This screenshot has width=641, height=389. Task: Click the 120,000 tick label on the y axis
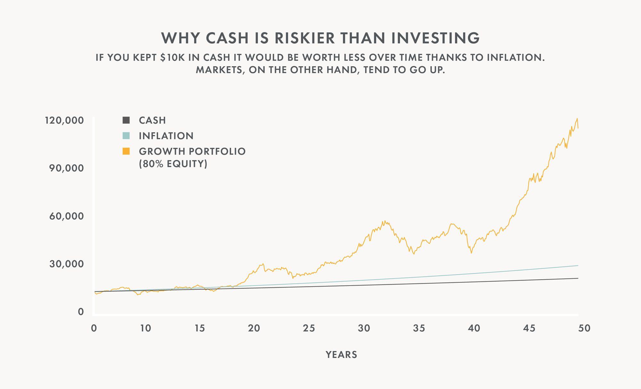pyautogui.click(x=64, y=120)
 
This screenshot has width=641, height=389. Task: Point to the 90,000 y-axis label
pyautogui.click(x=66, y=168)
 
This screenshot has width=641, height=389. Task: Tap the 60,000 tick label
pyautogui.click(x=66, y=216)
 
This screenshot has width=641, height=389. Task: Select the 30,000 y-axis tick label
pyautogui.click(x=66, y=264)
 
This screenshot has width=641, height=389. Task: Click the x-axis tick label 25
pyautogui.click(x=309, y=328)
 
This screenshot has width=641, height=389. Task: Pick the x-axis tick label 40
pyautogui.click(x=474, y=328)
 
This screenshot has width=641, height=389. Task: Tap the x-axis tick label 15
pyautogui.click(x=200, y=328)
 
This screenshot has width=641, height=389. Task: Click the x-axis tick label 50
pyautogui.click(x=584, y=328)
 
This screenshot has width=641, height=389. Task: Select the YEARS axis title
pyautogui.click(x=341, y=355)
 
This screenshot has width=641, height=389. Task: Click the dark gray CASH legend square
pyautogui.click(x=126, y=120)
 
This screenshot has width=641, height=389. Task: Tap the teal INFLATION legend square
pyautogui.click(x=126, y=136)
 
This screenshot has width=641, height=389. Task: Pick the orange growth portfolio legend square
pyautogui.click(x=126, y=151)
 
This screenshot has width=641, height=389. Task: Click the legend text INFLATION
pyautogui.click(x=166, y=136)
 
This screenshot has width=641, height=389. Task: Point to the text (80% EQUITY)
pyautogui.click(x=173, y=164)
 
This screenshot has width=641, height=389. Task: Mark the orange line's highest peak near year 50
pyautogui.click(x=577, y=119)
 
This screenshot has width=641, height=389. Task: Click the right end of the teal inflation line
pyautogui.click(x=578, y=265)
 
